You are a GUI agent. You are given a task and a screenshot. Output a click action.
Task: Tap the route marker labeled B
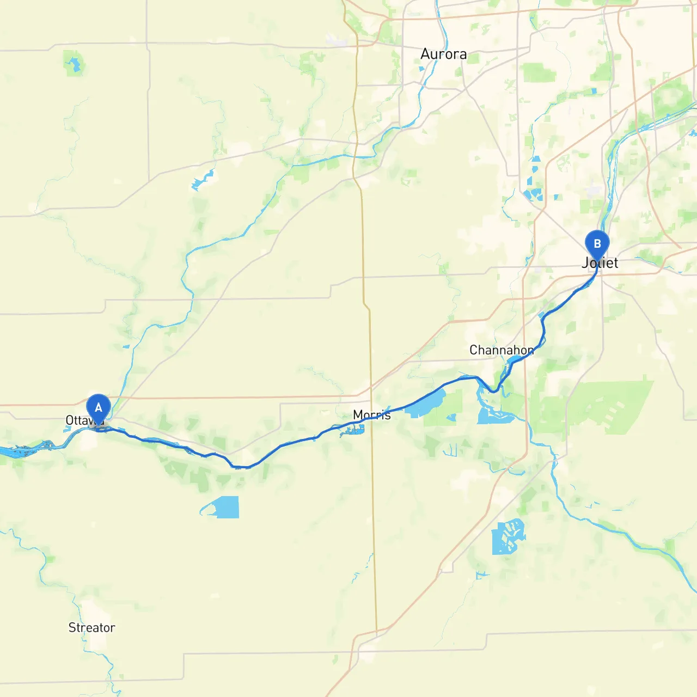point(597,244)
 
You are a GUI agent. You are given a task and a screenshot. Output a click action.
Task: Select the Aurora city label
point(443,54)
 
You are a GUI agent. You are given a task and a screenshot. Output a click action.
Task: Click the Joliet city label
point(600,263)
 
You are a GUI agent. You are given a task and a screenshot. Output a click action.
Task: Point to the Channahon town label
point(502,350)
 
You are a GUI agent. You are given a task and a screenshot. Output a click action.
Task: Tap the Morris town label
point(372,415)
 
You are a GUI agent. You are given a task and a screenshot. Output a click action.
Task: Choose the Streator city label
point(91,628)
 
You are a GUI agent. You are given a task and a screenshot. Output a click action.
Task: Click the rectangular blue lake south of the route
point(226,507)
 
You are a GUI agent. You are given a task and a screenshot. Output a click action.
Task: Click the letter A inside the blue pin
point(99,407)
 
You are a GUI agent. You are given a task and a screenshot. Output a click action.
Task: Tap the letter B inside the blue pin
point(597,243)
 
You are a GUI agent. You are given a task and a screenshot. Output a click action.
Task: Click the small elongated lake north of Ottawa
point(203,179)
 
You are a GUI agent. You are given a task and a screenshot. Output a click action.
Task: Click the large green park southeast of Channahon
point(610,406)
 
